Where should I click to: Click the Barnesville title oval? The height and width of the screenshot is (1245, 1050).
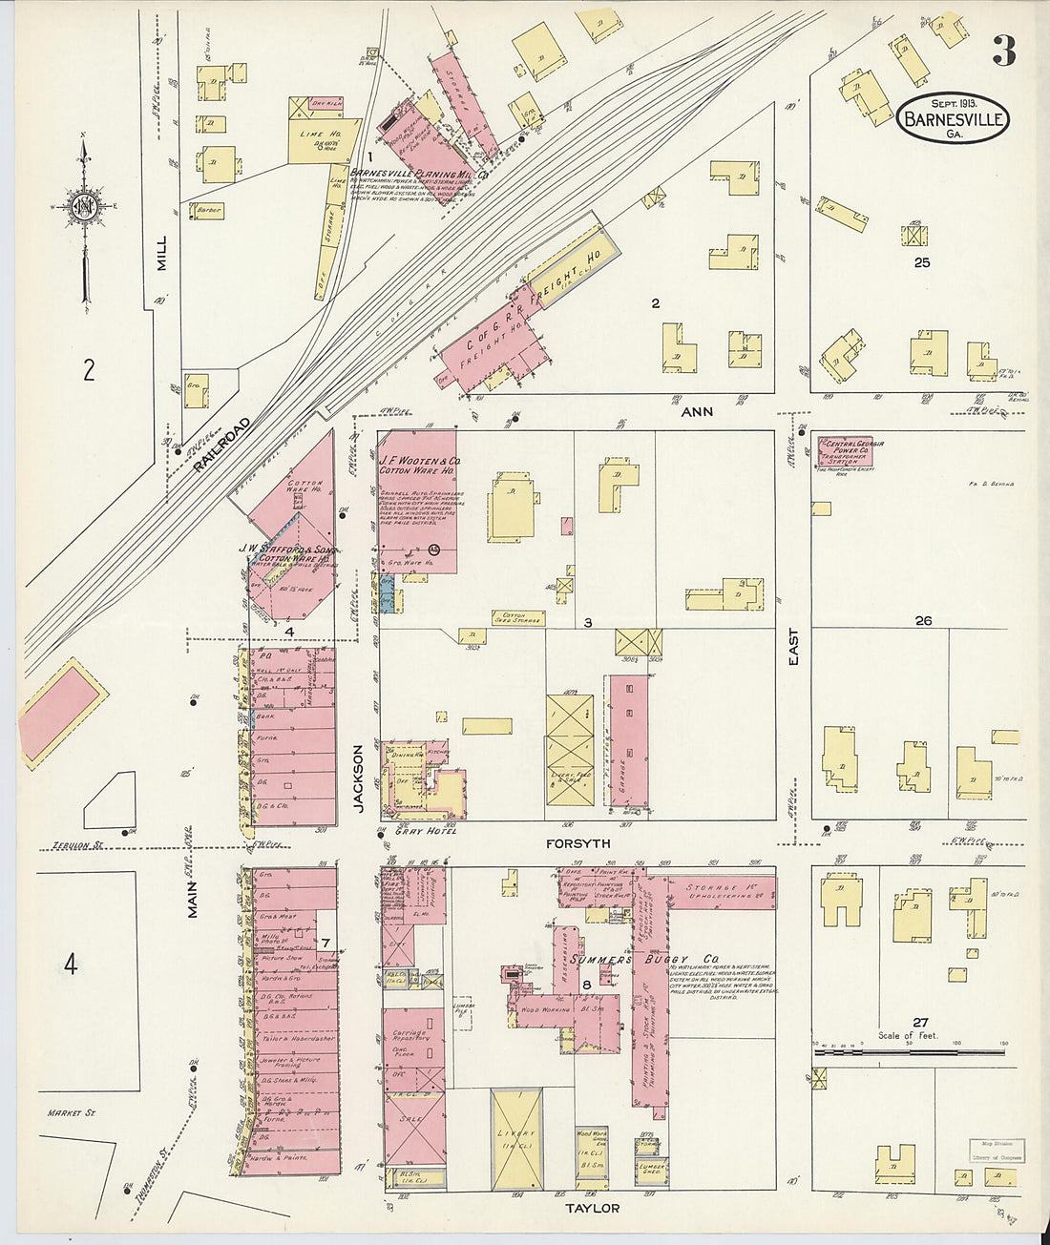pos(953,119)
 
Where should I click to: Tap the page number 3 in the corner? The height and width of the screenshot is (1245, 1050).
pos(1003,51)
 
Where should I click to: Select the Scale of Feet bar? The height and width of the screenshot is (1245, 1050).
pos(910,1051)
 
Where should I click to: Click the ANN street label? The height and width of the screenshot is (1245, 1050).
pos(698,412)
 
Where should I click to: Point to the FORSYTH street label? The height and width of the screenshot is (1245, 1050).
pos(577,843)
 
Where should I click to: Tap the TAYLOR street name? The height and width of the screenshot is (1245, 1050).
pos(593,1208)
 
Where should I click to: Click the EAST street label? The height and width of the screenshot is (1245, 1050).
pos(794,646)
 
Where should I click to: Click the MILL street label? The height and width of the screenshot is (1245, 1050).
pos(161,253)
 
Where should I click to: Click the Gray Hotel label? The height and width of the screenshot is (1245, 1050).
pos(425,831)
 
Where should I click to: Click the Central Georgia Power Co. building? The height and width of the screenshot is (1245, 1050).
pos(845,449)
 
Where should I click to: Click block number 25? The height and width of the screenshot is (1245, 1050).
pos(921,261)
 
